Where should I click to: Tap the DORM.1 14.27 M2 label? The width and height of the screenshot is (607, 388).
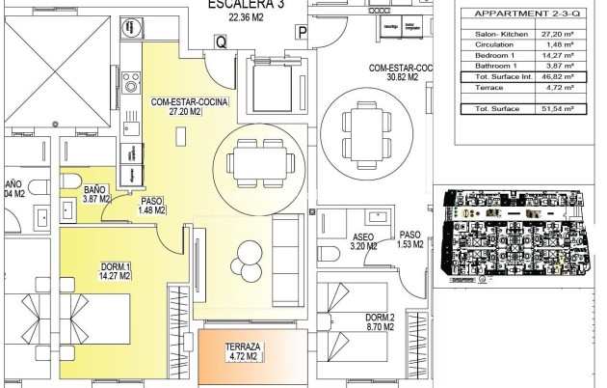(x=116, y=271)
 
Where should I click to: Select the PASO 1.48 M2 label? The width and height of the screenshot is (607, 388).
(x=152, y=205)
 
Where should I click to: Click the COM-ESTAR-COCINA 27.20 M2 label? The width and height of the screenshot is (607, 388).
(x=182, y=106)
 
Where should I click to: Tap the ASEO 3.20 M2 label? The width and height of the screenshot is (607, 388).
(x=363, y=240)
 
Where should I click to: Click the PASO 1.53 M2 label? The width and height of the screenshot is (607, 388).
(x=410, y=239)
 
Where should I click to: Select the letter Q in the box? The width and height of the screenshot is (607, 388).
(x=221, y=42)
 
